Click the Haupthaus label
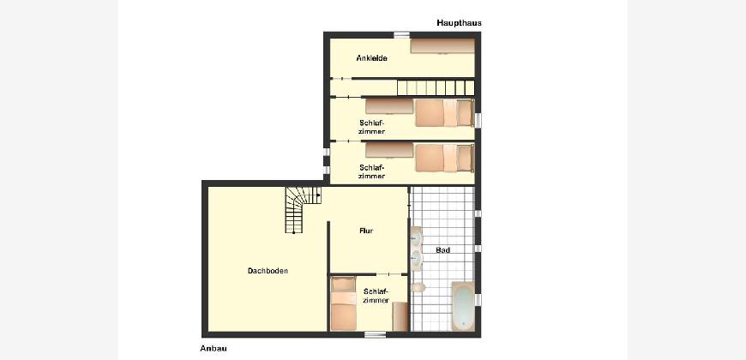tap(459, 23)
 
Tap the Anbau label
tap(214, 348)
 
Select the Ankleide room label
tap(371, 58)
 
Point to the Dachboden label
tap(268, 271)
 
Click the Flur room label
tap(366, 231)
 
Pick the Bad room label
tap(443, 249)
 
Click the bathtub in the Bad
tap(463, 306)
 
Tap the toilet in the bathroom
tap(418, 287)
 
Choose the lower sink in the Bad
tap(416, 259)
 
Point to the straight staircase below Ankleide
tap(436, 87)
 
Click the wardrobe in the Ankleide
tap(442, 46)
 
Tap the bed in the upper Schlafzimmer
tap(444, 112)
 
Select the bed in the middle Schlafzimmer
tap(444, 158)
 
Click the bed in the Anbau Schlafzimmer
tap(344, 303)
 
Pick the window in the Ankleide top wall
tap(401, 34)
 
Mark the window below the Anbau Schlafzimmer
tap(375, 334)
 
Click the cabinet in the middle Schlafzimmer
tap(389, 150)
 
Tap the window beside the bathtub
tap(478, 300)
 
